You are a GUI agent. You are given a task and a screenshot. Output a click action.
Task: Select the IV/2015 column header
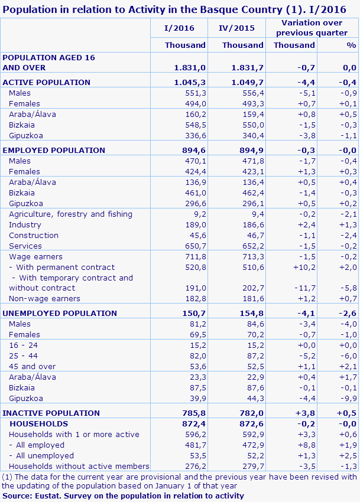237,28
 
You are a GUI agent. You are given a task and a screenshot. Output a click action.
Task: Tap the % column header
351,45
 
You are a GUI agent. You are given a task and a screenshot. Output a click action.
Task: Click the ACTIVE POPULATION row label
47,82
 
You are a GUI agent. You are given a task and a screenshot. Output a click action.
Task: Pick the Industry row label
25,224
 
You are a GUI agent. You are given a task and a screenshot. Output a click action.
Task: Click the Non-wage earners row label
44,298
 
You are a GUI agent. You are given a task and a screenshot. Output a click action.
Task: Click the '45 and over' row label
32,366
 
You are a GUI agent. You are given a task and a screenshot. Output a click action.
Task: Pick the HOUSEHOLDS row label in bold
38,423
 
